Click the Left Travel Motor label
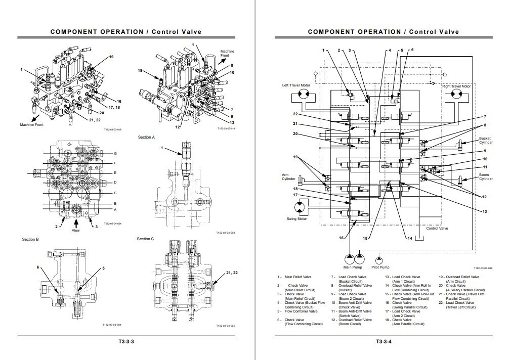click(296, 85)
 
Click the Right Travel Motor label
click(456, 86)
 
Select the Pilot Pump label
click(380, 267)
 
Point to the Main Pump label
click(352, 267)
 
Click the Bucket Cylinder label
click(486, 140)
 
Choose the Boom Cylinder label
click(486, 177)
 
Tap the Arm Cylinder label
click(289, 177)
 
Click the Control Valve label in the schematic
click(437, 228)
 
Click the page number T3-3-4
click(384, 341)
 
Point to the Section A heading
click(146, 137)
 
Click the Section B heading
click(30, 239)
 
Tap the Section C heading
click(145, 239)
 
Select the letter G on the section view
click(115, 153)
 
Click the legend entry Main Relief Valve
click(298, 277)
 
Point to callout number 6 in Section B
click(37, 266)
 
